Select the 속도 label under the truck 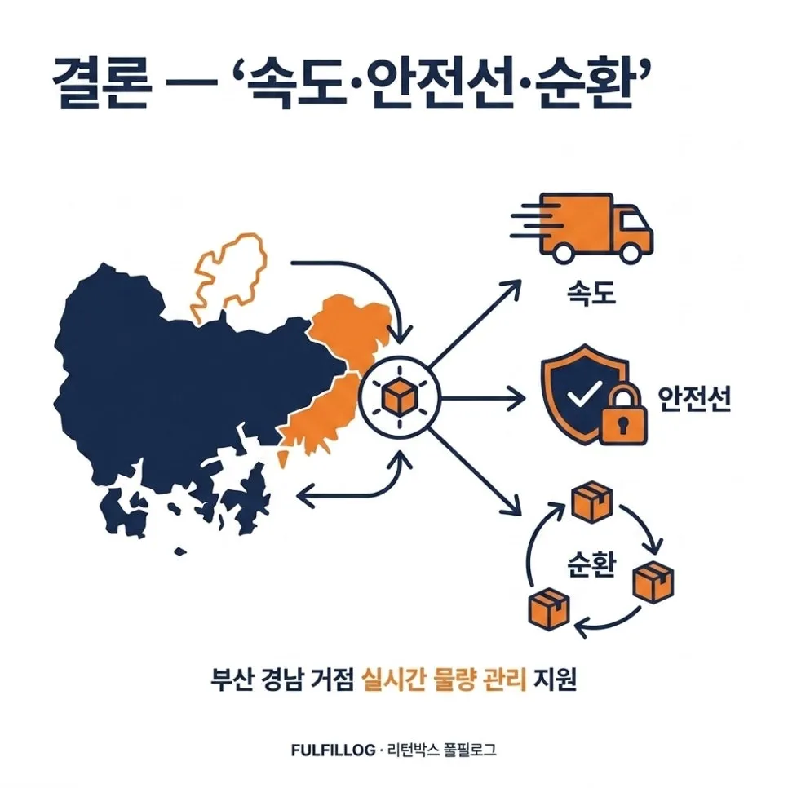click(591, 293)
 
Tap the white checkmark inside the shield click(584, 392)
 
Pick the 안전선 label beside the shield click(694, 399)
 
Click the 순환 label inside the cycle click(591, 564)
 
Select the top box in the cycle click(592, 502)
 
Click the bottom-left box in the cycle click(549, 608)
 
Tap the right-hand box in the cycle click(653, 581)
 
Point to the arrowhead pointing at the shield click(518, 399)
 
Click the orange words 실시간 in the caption click(394, 680)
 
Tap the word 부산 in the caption click(232, 680)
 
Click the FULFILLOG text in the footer click(333, 750)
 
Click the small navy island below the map click(179, 551)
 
